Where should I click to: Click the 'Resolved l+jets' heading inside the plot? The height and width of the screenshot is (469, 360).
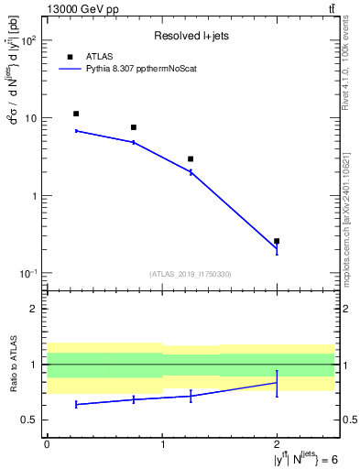click(x=191, y=36)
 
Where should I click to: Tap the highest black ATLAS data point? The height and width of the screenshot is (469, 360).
click(x=76, y=114)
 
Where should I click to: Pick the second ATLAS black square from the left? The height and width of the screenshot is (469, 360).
click(x=134, y=127)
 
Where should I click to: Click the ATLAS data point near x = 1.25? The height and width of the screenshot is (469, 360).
click(x=191, y=158)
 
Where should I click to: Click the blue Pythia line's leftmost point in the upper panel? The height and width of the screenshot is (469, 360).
click(x=76, y=131)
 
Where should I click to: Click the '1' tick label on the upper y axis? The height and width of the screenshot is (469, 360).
click(x=35, y=196)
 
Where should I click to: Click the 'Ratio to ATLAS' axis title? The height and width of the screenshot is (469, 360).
click(x=12, y=365)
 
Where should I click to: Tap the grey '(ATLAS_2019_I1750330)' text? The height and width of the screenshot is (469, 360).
click(x=191, y=274)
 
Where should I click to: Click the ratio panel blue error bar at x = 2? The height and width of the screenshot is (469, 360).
click(x=277, y=382)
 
